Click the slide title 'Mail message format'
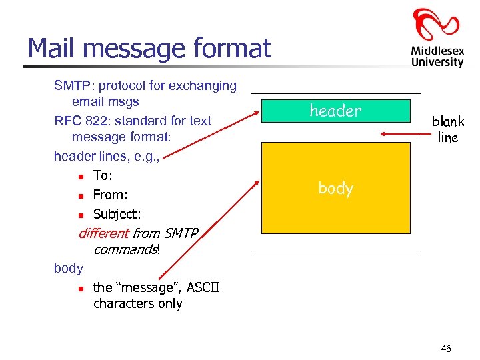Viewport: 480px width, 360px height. click(149, 48)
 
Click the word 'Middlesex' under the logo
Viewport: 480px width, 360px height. click(437, 50)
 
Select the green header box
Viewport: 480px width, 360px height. click(335, 111)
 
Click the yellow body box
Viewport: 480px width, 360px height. click(335, 193)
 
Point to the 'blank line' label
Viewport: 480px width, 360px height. click(447, 129)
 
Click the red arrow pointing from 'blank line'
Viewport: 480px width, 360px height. click(404, 133)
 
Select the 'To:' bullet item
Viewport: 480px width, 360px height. click(103, 175)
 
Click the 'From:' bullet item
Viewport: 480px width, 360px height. click(110, 195)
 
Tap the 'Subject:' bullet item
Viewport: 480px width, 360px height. click(117, 214)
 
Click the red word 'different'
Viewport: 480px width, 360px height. click(103, 233)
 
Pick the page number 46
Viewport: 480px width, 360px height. click(446, 349)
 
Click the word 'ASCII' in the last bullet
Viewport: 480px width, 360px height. click(203, 287)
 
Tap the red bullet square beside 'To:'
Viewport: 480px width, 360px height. click(80, 177)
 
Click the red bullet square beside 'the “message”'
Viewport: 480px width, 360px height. click(80, 289)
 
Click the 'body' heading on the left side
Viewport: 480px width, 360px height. click(68, 268)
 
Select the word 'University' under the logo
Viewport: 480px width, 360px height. click(437, 62)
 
